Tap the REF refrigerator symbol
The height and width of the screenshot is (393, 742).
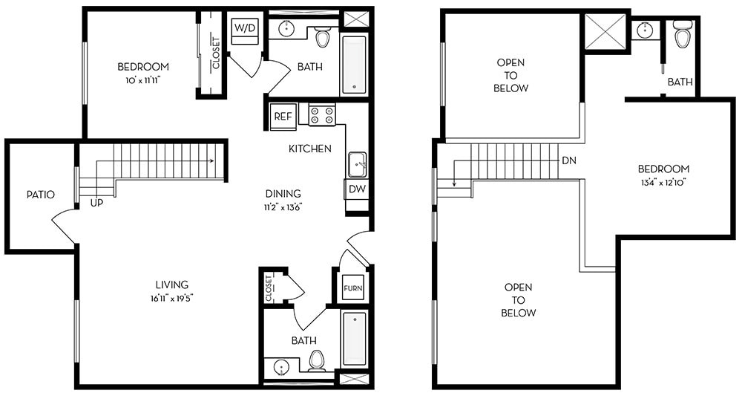point(283,116)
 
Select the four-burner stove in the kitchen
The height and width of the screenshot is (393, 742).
point(322,115)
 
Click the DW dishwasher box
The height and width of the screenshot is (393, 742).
point(357,189)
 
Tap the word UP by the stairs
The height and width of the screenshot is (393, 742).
point(96,202)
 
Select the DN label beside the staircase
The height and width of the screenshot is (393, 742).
point(569,160)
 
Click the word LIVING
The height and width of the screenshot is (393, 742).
point(171,285)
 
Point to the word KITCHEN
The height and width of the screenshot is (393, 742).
point(310,149)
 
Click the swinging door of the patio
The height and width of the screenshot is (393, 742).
point(64,227)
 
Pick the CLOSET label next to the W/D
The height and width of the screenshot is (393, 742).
point(216,53)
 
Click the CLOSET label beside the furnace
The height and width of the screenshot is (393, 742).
point(269,289)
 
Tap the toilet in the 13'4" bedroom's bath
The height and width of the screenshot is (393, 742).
point(683,34)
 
